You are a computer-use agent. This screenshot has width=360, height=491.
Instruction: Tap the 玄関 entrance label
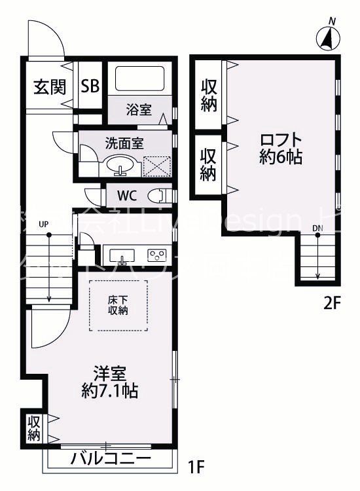pyautogui.click(x=49, y=86)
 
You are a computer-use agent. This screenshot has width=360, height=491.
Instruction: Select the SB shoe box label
pyautogui.click(x=90, y=86)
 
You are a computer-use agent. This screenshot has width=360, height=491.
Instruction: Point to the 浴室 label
pyautogui.click(x=139, y=109)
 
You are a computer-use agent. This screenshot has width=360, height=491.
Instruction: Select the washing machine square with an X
pyautogui.click(x=157, y=166)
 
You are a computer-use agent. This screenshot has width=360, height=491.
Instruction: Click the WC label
pyautogui.click(x=127, y=195)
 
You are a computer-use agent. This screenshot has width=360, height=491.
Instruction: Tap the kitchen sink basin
pyautogui.click(x=121, y=254)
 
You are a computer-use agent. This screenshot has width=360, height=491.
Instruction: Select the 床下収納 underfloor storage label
pyautogui.click(x=118, y=305)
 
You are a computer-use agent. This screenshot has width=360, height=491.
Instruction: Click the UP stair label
pyautogui.click(x=44, y=225)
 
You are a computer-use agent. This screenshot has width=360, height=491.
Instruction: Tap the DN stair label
pyautogui.click(x=317, y=228)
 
